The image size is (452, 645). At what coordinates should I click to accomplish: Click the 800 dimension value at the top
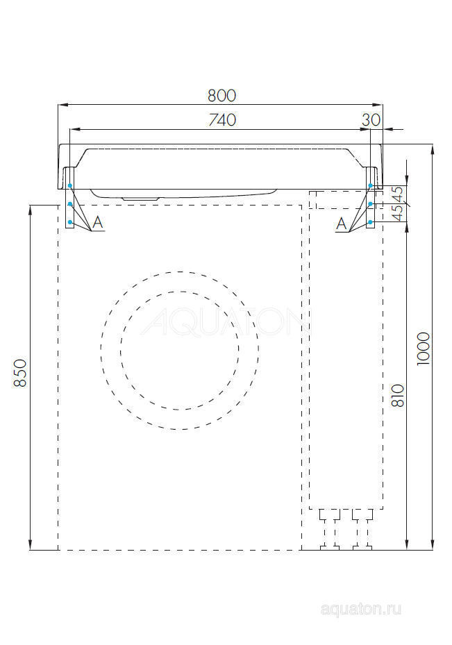point(221,95)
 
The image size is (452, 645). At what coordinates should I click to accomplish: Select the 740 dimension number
point(221,119)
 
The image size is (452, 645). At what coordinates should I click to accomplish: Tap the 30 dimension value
point(371,119)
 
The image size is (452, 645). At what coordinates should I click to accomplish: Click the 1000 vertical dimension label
point(424,346)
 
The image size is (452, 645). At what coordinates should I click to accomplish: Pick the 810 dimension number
point(399,395)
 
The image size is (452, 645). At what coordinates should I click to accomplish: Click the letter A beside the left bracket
point(98,223)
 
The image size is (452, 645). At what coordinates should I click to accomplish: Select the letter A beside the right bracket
point(341,223)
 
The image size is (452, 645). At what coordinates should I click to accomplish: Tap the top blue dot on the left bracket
point(70,186)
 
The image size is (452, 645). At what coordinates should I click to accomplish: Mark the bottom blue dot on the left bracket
point(70,221)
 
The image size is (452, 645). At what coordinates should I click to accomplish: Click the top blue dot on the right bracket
point(371,186)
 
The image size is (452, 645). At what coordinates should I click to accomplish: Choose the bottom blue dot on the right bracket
point(371,221)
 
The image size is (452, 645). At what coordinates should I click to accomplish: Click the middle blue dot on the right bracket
point(371,204)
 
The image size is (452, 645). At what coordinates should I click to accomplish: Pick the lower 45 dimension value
point(398,212)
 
